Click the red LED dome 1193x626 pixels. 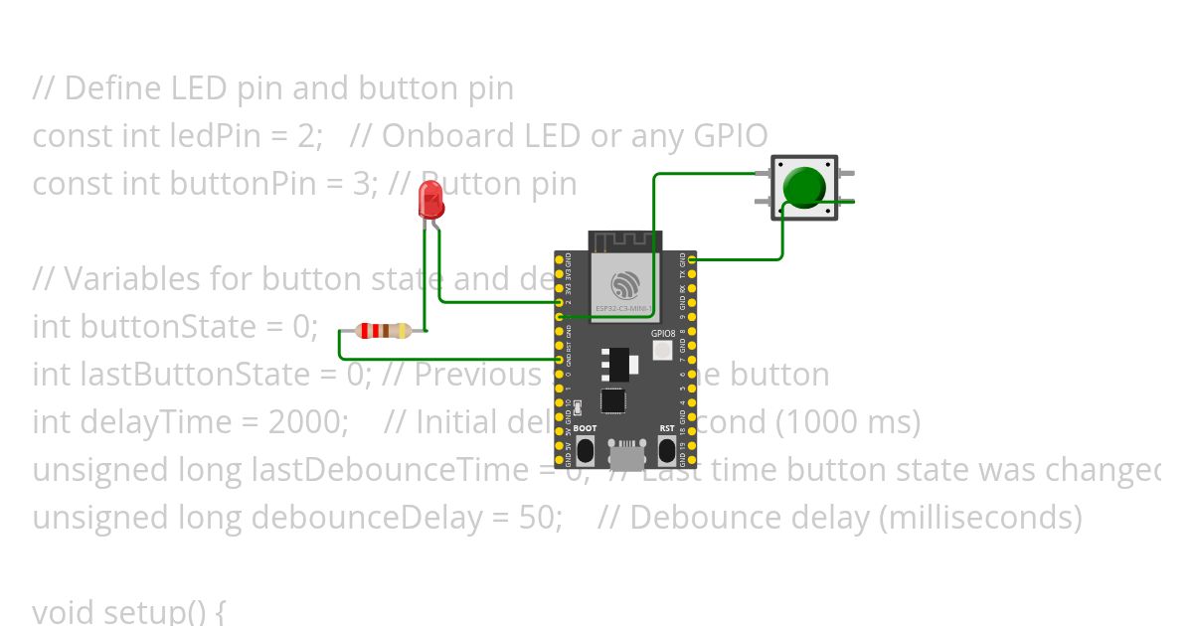pyautogui.click(x=431, y=198)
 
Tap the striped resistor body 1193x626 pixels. pyautogui.click(x=384, y=331)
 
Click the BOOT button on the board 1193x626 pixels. pyautogui.click(x=585, y=450)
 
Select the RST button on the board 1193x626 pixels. pyautogui.click(x=667, y=450)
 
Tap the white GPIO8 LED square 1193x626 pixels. pyautogui.click(x=663, y=351)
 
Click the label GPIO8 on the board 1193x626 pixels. pyautogui.click(x=663, y=334)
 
